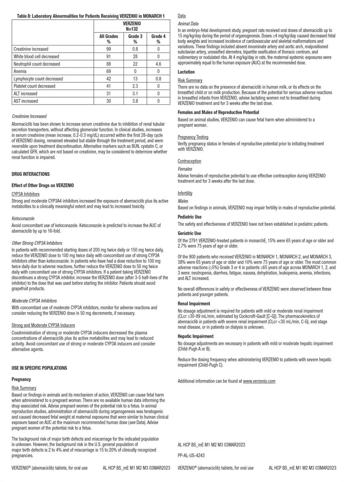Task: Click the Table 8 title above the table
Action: [x=91, y=16]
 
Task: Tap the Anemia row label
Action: [x=20, y=71]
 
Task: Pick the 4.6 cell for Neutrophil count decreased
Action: [x=158, y=64]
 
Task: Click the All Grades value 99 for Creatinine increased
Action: [x=109, y=49]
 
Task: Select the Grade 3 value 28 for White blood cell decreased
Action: [x=135, y=56]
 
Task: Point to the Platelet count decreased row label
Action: [x=34, y=86]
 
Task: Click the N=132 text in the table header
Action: [x=132, y=29]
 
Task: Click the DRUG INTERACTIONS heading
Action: [x=31, y=174]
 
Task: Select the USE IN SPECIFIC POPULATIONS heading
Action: [x=39, y=368]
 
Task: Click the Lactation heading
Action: [x=186, y=72]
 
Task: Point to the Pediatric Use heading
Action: [x=190, y=217]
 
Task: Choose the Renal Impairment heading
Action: [x=194, y=304]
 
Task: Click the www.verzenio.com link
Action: [x=259, y=381]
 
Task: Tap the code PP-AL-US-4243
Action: [x=191, y=456]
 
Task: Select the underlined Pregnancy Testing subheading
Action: [x=193, y=137]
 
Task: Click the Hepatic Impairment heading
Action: [x=196, y=336]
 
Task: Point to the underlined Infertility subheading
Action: [x=185, y=193]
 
